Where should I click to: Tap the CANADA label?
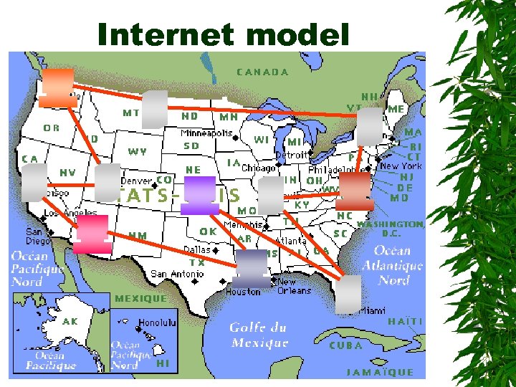coord(262,72)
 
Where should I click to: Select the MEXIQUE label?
coord(140,297)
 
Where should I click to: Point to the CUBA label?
coord(345,345)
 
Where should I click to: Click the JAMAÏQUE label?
coord(380,372)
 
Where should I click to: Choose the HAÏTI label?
coord(405,322)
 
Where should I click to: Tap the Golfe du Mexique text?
coord(259,335)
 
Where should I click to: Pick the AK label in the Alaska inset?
coord(70,321)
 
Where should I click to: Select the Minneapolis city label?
coord(206,133)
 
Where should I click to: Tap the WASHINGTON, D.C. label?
coord(391,229)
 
